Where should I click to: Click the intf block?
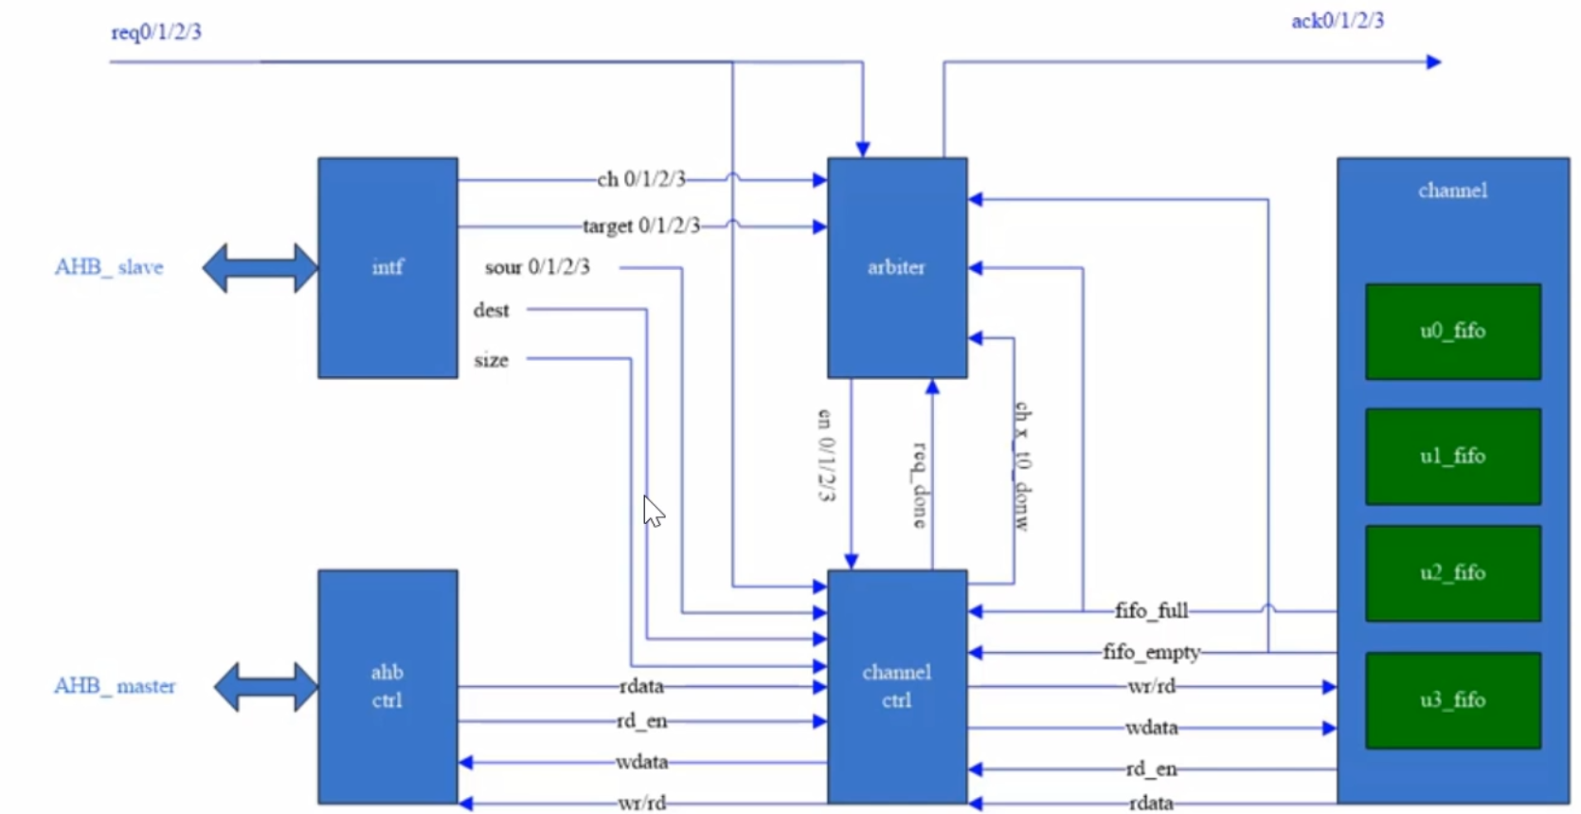(x=387, y=267)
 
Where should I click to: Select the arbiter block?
(x=896, y=267)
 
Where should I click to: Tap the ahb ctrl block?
(x=387, y=686)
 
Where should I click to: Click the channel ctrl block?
(x=896, y=686)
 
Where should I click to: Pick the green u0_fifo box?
(x=1452, y=332)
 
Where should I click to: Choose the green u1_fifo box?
(x=1452, y=457)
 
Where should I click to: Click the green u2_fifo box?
(x=1452, y=573)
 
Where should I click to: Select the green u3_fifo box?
(x=1452, y=700)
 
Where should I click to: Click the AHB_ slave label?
(x=109, y=267)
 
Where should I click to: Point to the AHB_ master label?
(x=115, y=686)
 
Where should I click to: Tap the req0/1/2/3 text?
(x=156, y=32)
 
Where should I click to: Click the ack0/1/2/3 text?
(x=1338, y=21)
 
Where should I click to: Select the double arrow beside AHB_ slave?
(x=261, y=267)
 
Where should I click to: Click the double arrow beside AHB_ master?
(x=266, y=686)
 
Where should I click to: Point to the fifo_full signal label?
(x=1151, y=611)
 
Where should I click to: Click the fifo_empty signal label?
(x=1151, y=653)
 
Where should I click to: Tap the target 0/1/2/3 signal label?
(x=641, y=226)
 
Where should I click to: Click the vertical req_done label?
(x=919, y=483)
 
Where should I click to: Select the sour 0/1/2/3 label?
(x=537, y=267)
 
